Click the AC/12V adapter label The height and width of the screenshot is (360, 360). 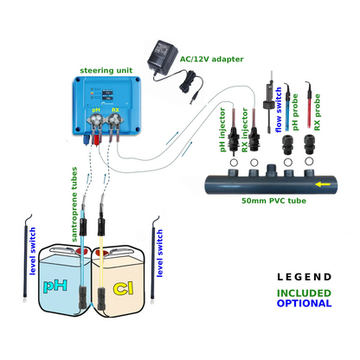(211, 59)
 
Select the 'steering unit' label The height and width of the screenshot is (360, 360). (106, 70)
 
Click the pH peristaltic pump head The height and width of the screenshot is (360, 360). (96, 121)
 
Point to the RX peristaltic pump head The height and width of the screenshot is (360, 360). (115, 121)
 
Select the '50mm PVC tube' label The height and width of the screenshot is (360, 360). (273, 201)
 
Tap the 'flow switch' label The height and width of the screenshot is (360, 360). (279, 110)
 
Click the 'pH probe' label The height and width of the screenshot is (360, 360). (295, 112)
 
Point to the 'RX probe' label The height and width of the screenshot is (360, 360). (317, 112)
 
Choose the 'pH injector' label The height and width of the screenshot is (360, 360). (222, 130)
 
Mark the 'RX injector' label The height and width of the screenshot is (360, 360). (245, 130)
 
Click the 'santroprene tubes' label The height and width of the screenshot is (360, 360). (74, 204)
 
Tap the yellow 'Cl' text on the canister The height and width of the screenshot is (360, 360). (124, 288)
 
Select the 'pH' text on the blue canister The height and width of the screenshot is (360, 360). (55, 286)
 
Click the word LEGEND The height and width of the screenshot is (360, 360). (304, 277)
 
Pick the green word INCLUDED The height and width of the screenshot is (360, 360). (304, 293)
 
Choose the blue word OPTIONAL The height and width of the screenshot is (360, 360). (304, 304)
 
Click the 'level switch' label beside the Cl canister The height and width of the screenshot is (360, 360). (159, 254)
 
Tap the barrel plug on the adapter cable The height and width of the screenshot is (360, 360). (195, 97)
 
